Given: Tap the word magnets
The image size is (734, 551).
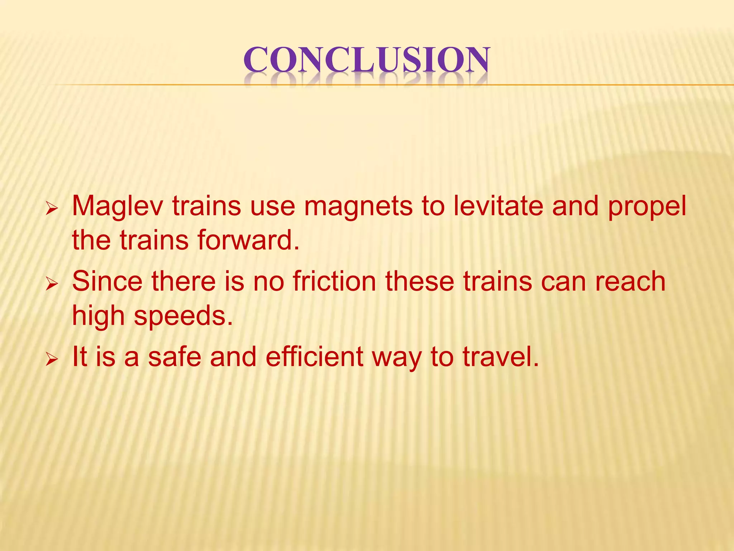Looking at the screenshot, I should point(358,207).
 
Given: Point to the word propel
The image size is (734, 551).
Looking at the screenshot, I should point(647,207).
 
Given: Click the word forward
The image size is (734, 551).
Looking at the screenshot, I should point(248,240).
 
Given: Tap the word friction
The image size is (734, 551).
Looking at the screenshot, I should point(334,281).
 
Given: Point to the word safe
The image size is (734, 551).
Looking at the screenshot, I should point(175,357).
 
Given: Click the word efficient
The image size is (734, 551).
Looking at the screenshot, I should point(314,357).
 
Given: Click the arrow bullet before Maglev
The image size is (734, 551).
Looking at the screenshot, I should point(52,209).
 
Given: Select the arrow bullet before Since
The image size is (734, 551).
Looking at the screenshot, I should point(52,284).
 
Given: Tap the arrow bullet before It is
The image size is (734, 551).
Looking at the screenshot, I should point(52,359).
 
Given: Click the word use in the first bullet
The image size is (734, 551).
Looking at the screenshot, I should point(273,207).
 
